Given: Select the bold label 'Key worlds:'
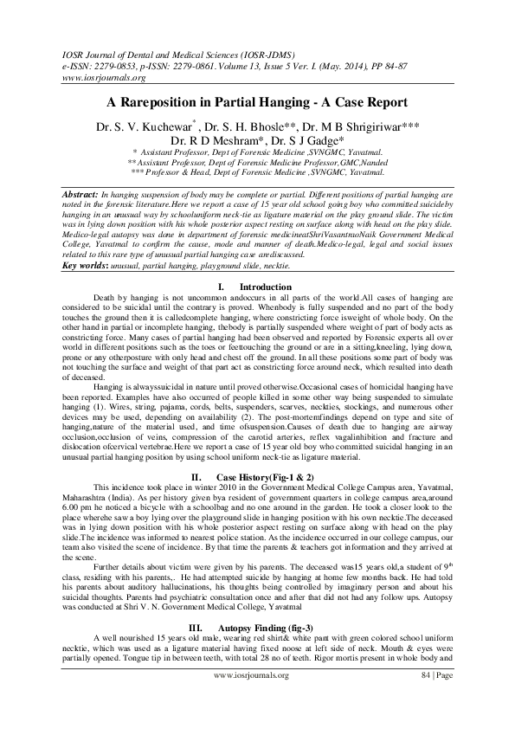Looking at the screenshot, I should (x=93, y=263).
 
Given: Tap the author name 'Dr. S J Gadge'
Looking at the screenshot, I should (x=312, y=139).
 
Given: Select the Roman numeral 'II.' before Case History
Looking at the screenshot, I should (x=196, y=476).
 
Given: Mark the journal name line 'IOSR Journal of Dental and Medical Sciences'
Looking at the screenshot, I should (x=156, y=54).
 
